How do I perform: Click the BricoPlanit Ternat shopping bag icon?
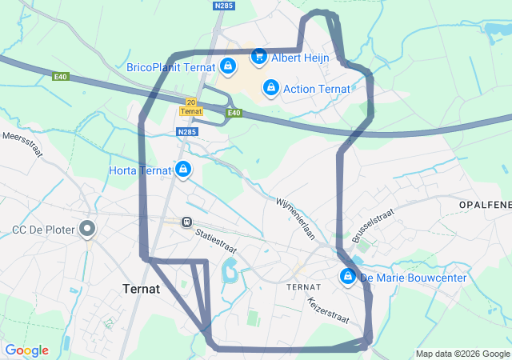click(228, 66)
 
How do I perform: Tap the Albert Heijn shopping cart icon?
click(258, 56)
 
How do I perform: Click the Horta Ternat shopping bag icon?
click(184, 170)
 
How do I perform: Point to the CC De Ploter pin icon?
click(87, 230)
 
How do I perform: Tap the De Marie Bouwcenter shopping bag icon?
click(347, 278)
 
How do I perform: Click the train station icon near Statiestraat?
click(186, 222)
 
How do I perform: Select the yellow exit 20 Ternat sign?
click(190, 106)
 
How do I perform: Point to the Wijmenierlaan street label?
click(297, 218)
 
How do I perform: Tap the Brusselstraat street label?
click(369, 226)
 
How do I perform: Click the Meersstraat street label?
click(22, 149)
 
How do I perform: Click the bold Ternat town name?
click(141, 289)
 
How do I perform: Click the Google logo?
click(26, 350)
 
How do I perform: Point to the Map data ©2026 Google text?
click(462, 354)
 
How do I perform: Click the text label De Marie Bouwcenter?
click(414, 278)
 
